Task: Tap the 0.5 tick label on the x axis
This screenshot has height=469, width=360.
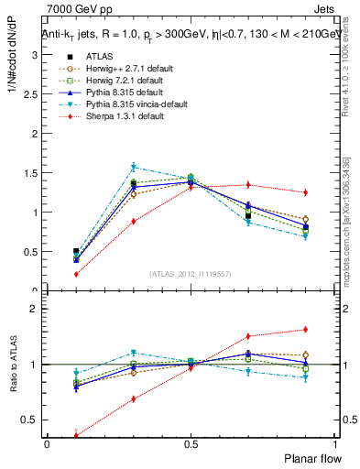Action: [x=191, y=444]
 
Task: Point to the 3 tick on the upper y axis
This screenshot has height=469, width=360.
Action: [x=35, y=55]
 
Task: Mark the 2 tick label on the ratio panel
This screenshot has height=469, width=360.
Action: [x=35, y=309]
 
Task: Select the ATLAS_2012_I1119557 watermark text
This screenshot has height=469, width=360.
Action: [x=191, y=273]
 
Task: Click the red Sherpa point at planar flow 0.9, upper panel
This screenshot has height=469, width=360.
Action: [x=305, y=192]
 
